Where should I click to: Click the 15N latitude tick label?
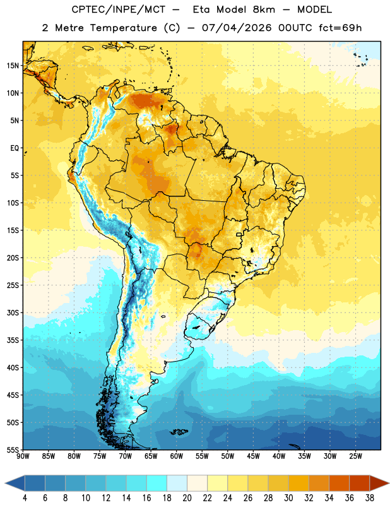(13, 66)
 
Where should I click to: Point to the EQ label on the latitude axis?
(15, 148)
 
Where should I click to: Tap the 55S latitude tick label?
(13, 450)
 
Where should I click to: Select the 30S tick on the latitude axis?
(13, 312)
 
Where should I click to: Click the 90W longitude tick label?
(23, 456)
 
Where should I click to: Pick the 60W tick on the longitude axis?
(177, 456)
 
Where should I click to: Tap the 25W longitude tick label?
(355, 456)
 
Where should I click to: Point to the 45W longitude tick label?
(253, 456)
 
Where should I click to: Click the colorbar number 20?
(187, 498)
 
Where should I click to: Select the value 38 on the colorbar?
(370, 498)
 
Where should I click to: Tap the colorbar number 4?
(25, 498)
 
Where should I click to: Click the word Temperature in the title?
(123, 28)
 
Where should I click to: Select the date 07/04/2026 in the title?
(237, 28)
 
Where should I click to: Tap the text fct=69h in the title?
(340, 28)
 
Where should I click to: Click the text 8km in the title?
(264, 9)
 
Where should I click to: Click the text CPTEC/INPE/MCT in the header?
(119, 9)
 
